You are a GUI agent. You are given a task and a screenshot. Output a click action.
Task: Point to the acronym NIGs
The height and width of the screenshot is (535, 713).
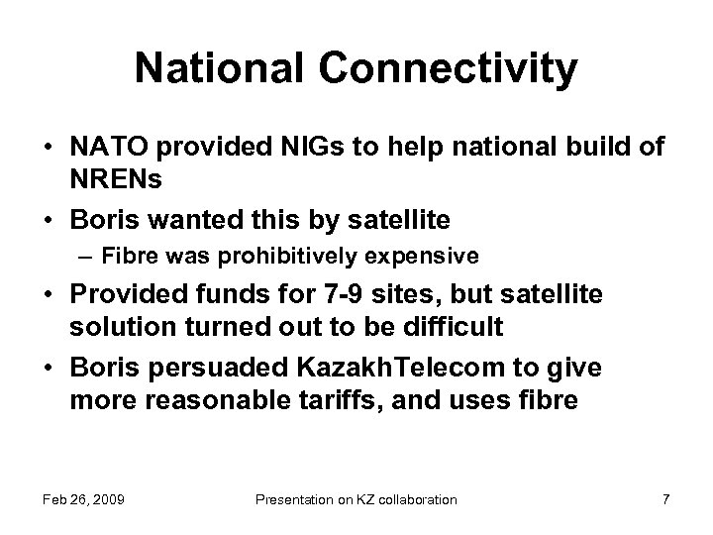[263, 148]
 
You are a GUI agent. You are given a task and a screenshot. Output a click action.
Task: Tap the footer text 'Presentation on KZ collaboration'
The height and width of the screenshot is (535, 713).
[356, 499]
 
